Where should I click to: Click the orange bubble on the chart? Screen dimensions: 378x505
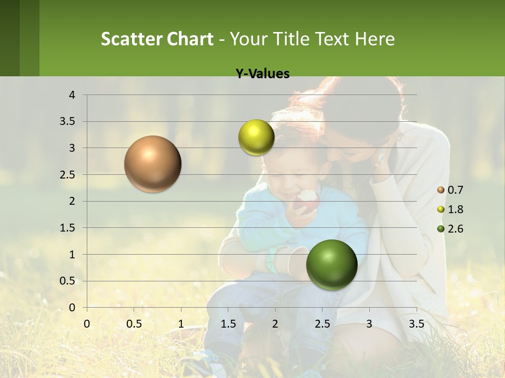(x=153, y=164)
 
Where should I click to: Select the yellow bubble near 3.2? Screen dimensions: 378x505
(x=256, y=138)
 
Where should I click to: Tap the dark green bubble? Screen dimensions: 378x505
(x=331, y=265)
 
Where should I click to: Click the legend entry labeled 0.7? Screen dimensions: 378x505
(x=451, y=190)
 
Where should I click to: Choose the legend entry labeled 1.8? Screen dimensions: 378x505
(x=451, y=209)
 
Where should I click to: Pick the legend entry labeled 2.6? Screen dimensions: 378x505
(x=451, y=229)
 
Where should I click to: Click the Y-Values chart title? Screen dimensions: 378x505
(x=262, y=74)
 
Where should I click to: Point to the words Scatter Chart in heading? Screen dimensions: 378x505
(x=157, y=39)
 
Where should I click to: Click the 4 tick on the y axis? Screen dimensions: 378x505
(x=73, y=95)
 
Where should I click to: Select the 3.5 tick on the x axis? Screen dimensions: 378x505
(x=416, y=323)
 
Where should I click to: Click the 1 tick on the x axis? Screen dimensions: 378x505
(x=181, y=323)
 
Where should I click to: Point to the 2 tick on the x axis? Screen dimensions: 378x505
(x=275, y=323)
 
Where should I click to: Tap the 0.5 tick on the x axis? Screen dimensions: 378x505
(x=134, y=323)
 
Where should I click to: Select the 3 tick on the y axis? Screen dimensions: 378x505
(x=73, y=148)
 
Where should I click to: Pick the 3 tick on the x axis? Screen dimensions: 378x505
(x=369, y=323)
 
